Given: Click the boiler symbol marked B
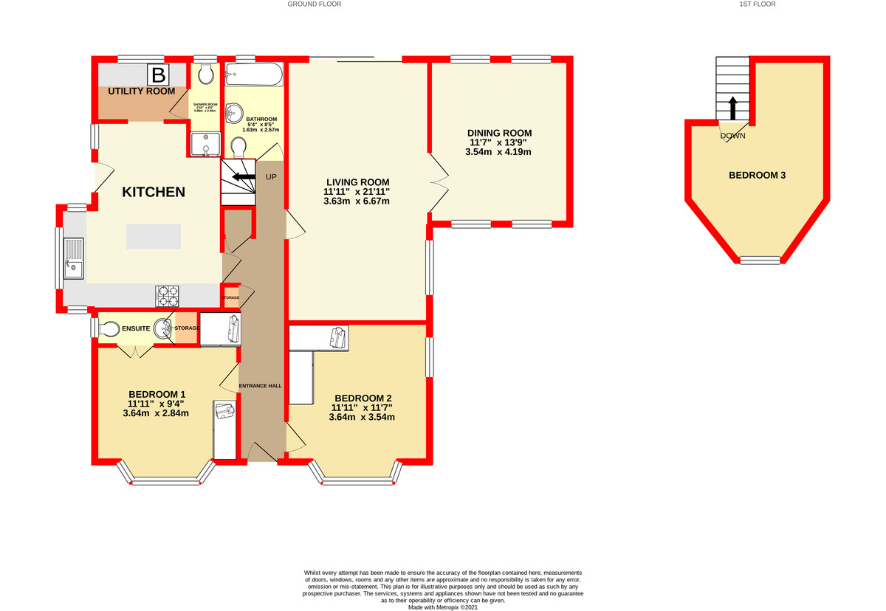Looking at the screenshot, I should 157,75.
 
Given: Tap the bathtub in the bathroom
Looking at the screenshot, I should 253,75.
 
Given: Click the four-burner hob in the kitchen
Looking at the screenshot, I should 167,296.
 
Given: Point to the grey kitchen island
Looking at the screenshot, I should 153,236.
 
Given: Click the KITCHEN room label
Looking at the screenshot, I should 153,192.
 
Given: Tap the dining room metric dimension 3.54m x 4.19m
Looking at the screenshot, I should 498,152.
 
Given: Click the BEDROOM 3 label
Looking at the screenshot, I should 757,176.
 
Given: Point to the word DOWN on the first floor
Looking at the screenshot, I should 732,136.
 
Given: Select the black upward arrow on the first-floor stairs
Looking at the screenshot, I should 732,108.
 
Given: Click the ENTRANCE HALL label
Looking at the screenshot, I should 260,385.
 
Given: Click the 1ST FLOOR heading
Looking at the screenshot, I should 757,4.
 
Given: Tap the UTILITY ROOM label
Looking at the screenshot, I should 142,92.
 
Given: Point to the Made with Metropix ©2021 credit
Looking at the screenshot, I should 443,607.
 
